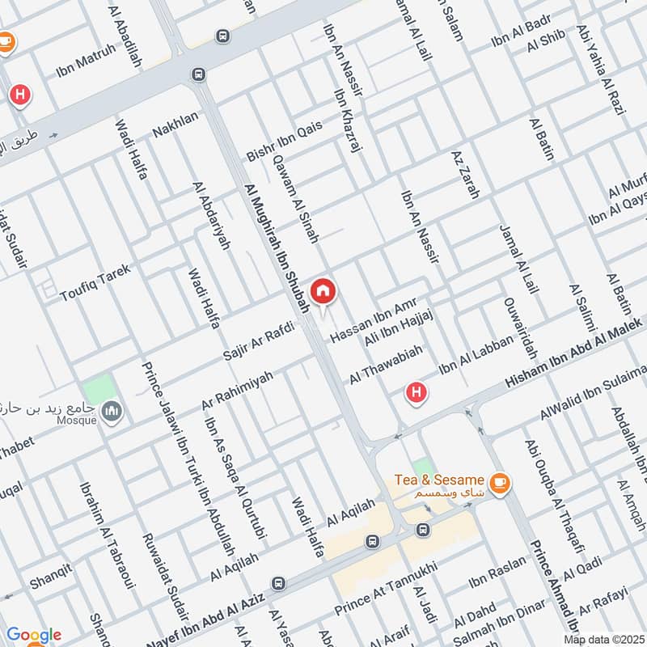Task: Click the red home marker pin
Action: pyautogui.click(x=323, y=292)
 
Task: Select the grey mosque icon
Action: pyautogui.click(x=112, y=412)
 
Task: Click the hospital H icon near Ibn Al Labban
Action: pyautogui.click(x=416, y=394)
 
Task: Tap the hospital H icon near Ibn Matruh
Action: pyautogui.click(x=20, y=96)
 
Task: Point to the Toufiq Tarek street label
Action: pyautogui.click(x=95, y=282)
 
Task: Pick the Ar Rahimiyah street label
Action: pyautogui.click(x=237, y=391)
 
